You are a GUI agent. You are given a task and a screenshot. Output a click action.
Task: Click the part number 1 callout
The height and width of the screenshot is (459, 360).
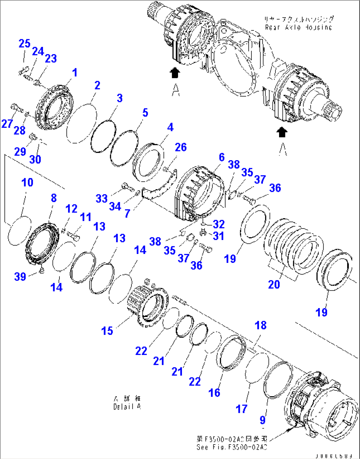pyautogui.click(x=75, y=72)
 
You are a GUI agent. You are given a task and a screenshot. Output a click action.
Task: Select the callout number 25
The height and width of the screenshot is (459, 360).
pyautogui.click(x=24, y=44)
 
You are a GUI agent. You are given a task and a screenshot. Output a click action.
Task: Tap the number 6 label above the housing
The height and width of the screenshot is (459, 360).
pyautogui.click(x=222, y=157)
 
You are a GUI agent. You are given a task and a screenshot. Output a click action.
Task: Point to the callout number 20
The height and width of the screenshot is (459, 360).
pyautogui.click(x=274, y=284)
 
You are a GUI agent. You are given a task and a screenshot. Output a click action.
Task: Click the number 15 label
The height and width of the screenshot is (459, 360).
pyautogui.click(x=107, y=331)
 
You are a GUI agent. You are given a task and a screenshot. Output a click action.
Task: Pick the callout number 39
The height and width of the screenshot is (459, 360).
pyautogui.click(x=20, y=276)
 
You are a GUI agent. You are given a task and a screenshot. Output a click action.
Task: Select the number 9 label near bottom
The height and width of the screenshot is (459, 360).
pyautogui.click(x=263, y=420)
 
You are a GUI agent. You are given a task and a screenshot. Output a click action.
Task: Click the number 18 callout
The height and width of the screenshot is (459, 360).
pyautogui.click(x=261, y=325)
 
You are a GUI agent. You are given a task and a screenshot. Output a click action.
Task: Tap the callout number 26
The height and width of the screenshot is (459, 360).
pyautogui.click(x=181, y=147)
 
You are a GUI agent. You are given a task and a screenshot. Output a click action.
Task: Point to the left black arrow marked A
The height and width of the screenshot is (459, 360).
pyautogui.click(x=175, y=73)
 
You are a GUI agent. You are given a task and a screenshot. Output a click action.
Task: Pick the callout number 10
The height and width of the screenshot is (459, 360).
pyautogui.click(x=27, y=182)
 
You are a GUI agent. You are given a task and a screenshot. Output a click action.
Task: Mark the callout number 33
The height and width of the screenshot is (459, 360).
pyautogui.click(x=102, y=198)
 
